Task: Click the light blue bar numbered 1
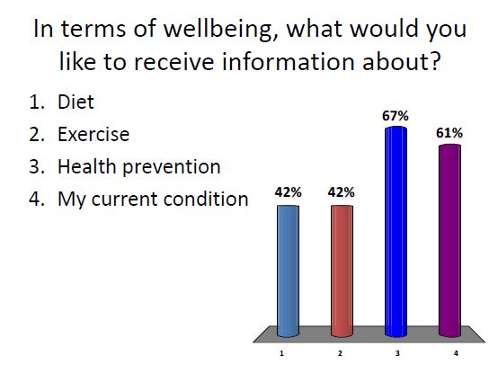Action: [288, 270]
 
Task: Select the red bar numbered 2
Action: [342, 270]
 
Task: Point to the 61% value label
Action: [449, 133]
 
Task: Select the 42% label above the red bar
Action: [342, 192]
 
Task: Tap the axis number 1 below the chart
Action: [281, 354]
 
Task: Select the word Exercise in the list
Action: [93, 135]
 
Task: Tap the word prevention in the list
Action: [171, 167]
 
